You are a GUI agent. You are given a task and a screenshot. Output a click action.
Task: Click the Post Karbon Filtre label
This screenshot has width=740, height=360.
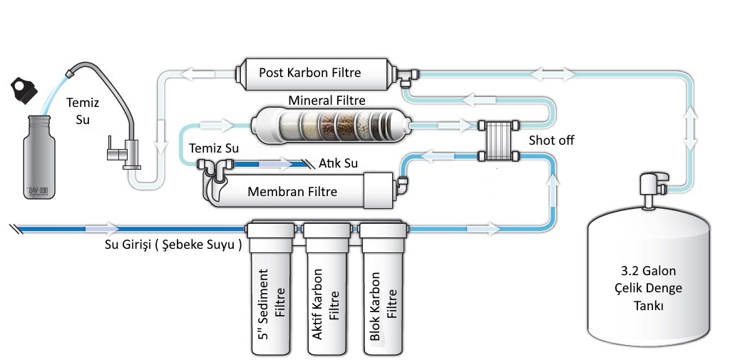click(x=309, y=73)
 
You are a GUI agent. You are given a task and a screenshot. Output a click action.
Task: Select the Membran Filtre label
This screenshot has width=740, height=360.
click(x=292, y=191)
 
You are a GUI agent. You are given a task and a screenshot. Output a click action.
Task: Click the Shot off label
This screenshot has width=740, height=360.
click(x=551, y=140)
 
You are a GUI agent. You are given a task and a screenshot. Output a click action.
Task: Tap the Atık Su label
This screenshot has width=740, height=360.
click(x=338, y=163)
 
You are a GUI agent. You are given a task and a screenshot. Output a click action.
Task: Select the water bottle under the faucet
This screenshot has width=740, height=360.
click(x=37, y=157)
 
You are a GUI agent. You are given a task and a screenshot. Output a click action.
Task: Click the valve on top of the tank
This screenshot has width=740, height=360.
click(x=650, y=187)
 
